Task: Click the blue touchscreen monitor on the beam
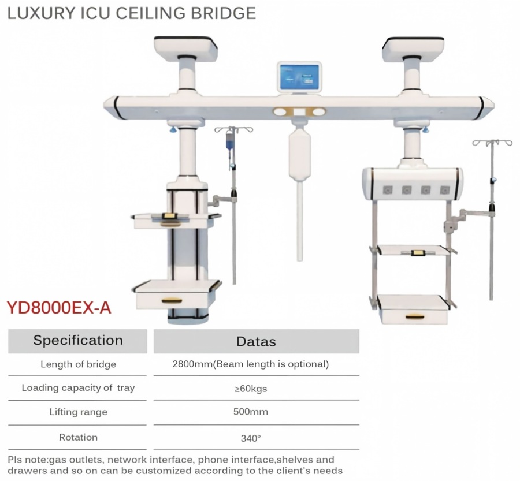[x=299, y=77]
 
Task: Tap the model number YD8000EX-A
[x=59, y=308]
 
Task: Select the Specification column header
[x=78, y=341]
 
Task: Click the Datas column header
[x=256, y=341]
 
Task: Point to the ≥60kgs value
[x=251, y=389]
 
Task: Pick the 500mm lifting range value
[x=251, y=412]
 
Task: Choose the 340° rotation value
[x=251, y=439]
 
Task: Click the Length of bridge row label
[x=78, y=364]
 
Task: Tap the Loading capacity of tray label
[x=78, y=388]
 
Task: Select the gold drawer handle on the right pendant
[x=415, y=317]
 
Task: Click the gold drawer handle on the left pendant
[x=172, y=301]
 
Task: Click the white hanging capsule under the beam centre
[x=299, y=156]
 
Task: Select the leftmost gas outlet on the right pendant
[x=388, y=190]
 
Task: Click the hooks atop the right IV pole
[x=492, y=143]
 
